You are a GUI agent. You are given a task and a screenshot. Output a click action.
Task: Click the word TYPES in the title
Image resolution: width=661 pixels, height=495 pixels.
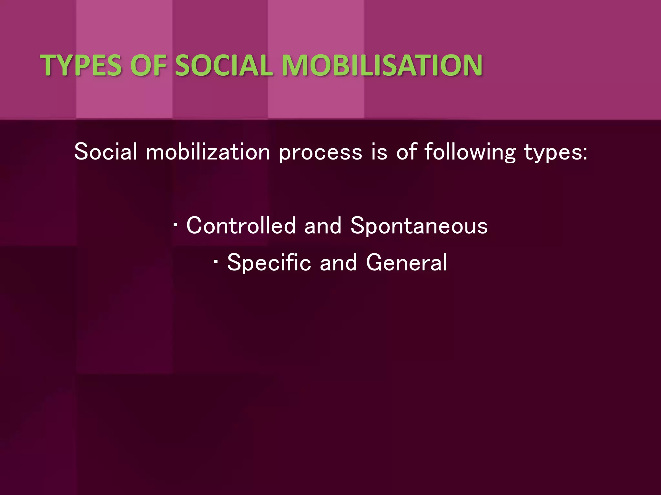(81, 65)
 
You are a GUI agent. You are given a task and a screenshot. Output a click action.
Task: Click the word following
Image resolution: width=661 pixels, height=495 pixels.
(470, 152)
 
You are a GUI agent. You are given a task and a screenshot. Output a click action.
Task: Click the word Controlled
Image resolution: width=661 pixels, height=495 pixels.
(241, 225)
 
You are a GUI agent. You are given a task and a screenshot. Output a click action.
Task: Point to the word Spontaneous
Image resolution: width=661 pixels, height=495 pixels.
(419, 226)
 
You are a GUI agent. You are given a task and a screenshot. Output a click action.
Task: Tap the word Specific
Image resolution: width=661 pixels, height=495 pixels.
(269, 263)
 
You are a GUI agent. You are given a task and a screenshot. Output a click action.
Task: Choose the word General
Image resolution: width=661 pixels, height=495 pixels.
(407, 262)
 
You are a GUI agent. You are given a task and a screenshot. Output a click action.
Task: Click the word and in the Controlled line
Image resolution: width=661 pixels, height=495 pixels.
(323, 225)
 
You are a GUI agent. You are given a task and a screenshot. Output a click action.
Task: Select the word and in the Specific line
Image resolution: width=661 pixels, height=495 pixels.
(338, 262)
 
